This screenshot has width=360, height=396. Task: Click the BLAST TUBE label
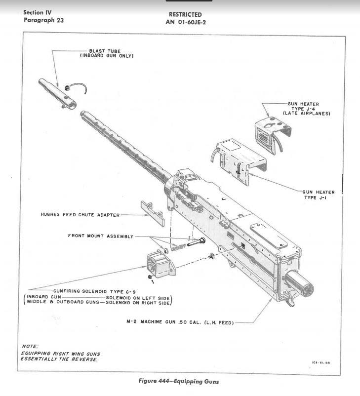pyautogui.click(x=104, y=50)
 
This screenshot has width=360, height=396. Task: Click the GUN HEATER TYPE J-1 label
pyautogui.click(x=319, y=194)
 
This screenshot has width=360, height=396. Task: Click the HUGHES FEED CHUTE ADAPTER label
pyautogui.click(x=80, y=215)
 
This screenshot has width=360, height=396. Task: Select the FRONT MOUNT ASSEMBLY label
pyautogui.click(x=100, y=236)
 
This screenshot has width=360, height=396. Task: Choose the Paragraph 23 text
pyautogui.click(x=43, y=20)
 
